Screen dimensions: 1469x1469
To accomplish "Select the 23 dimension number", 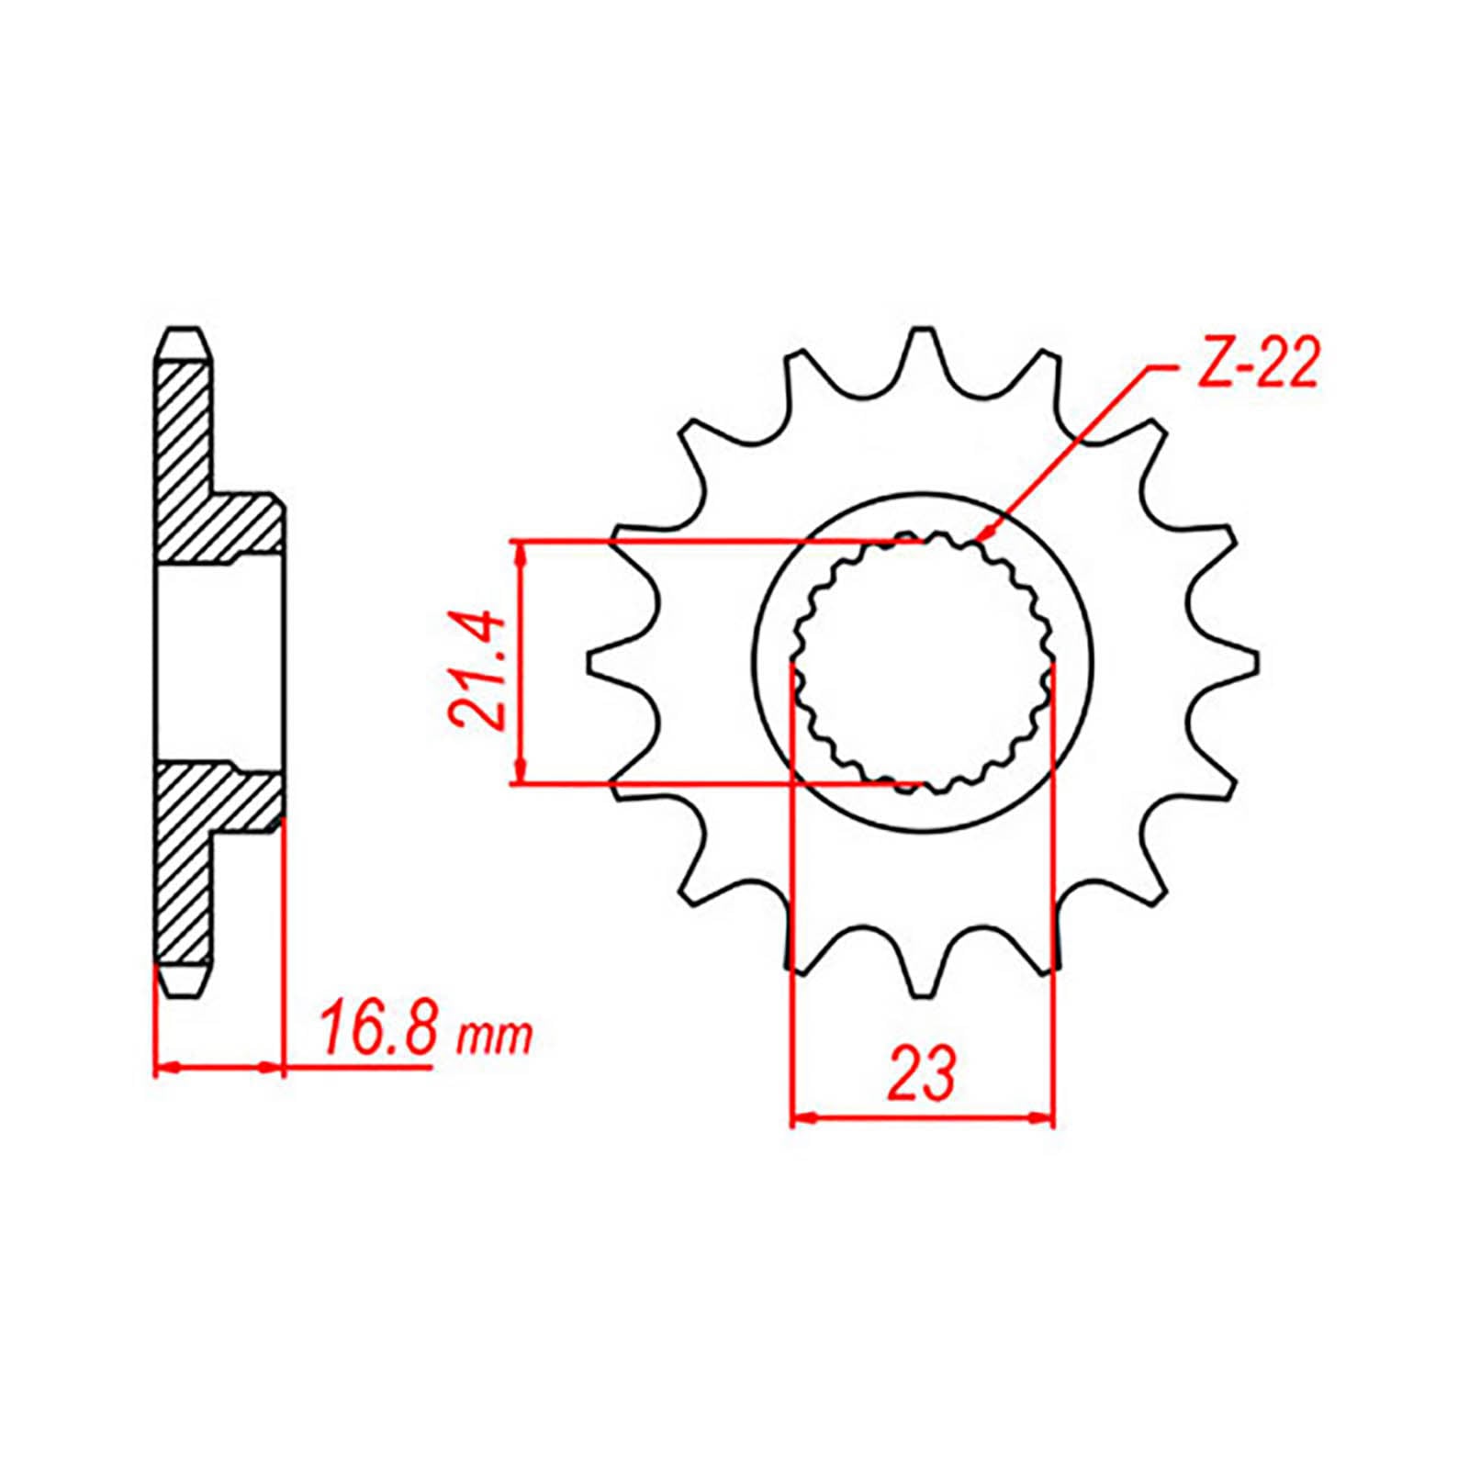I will click(x=922, y=1072).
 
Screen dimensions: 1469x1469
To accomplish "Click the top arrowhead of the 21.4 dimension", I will click(x=521, y=544).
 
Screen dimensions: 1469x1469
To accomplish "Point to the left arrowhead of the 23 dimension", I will click(x=796, y=1117).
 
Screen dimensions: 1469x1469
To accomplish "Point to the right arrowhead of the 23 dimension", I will click(x=1050, y=1117).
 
